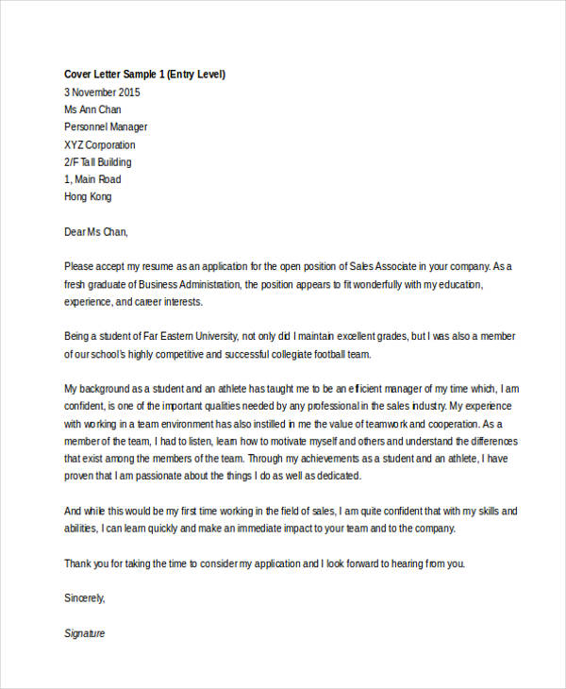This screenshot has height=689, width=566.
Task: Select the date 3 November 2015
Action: point(102,92)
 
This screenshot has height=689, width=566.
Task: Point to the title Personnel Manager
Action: point(106,127)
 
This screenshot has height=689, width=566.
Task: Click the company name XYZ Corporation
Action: point(100,145)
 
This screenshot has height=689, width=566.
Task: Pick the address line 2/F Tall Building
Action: point(99,162)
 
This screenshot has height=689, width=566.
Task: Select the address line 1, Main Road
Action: point(92,179)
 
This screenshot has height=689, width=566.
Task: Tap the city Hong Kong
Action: point(88,196)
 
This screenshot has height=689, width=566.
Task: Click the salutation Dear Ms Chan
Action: point(95,231)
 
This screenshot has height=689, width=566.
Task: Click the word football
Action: point(325,354)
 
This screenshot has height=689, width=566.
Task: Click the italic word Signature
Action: point(85,633)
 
